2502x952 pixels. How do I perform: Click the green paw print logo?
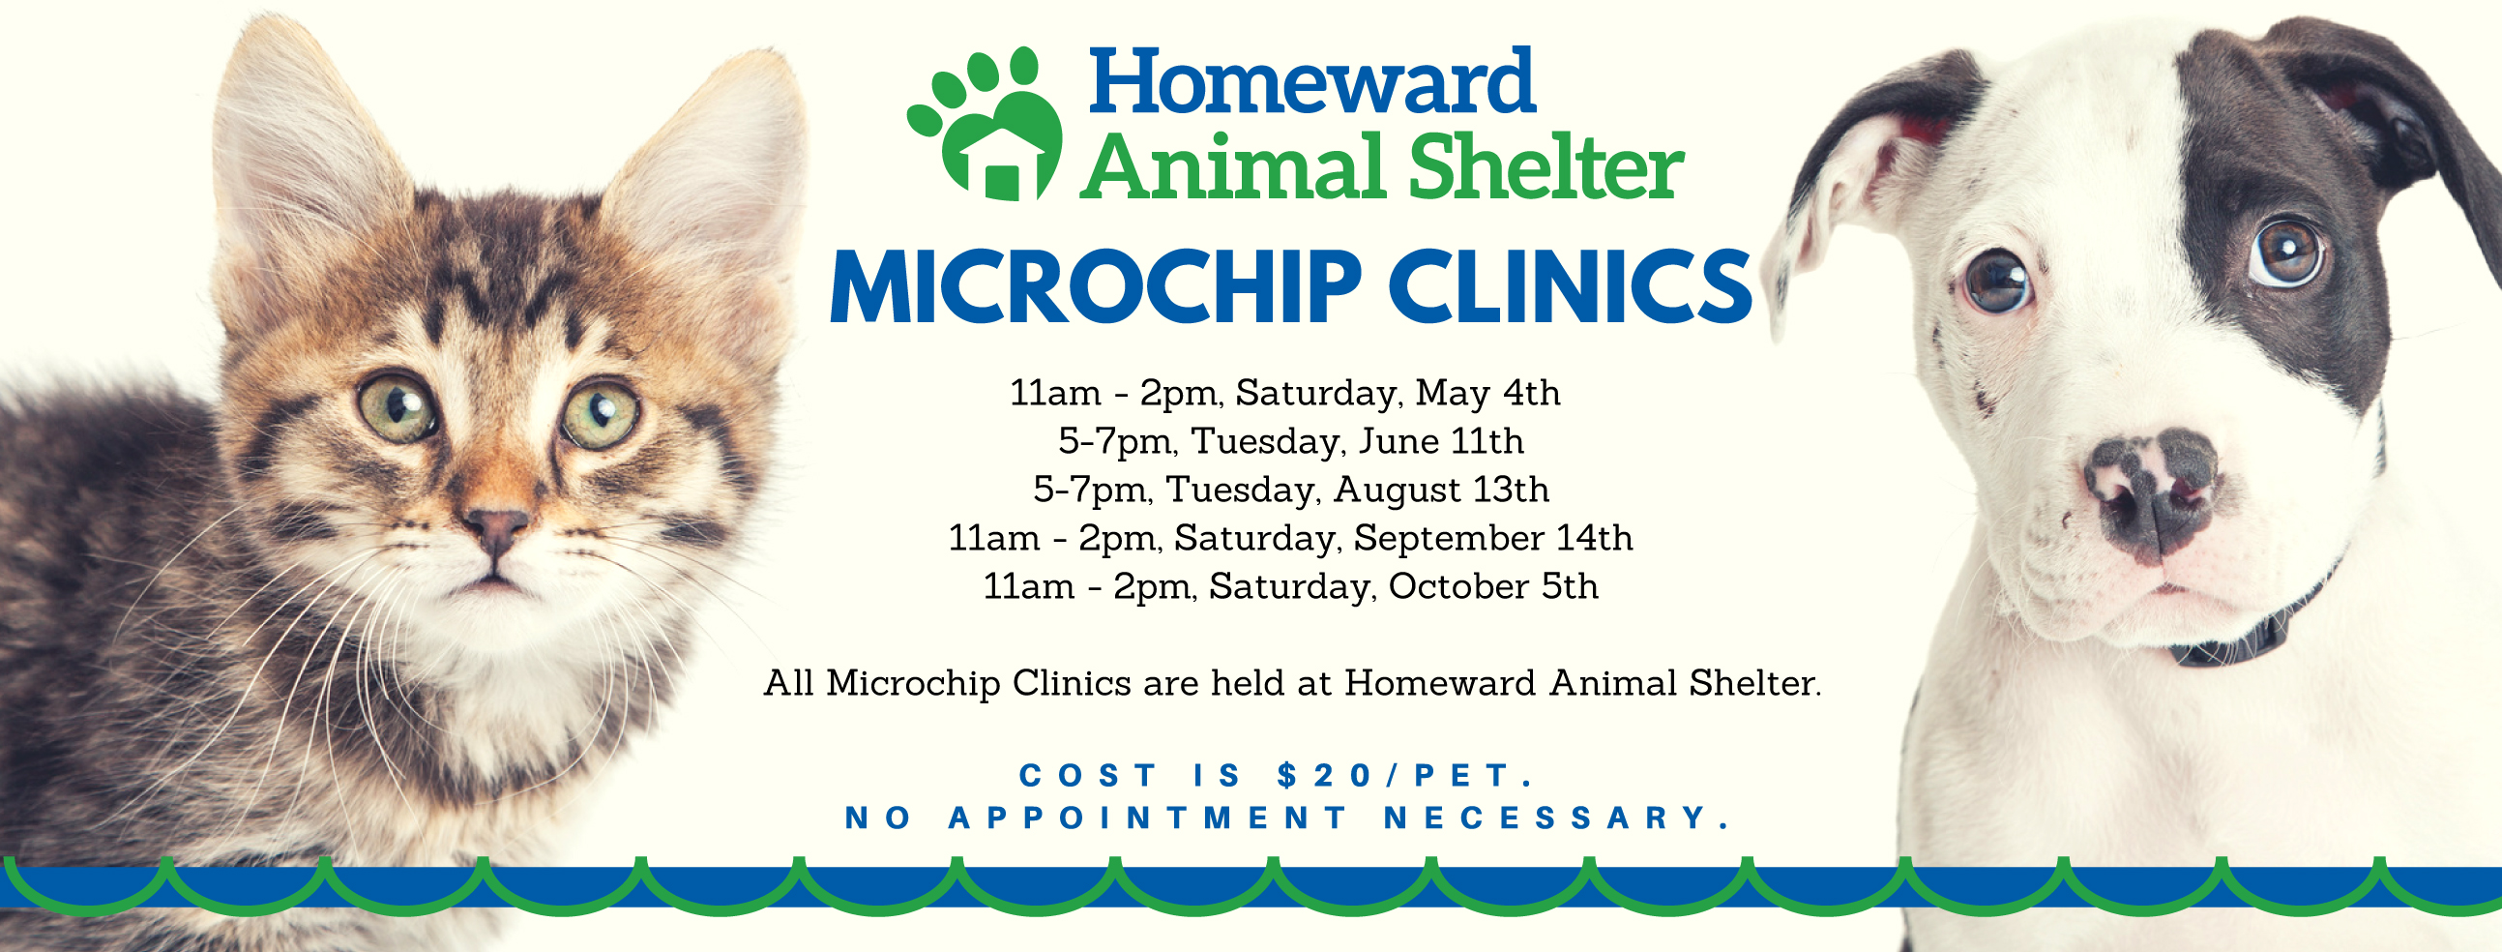(984, 125)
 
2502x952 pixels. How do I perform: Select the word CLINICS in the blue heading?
(1571, 286)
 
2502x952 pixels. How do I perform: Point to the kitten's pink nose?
(496, 527)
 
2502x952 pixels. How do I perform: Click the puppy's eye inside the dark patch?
(2286, 252)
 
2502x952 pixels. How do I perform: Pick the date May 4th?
(1487, 394)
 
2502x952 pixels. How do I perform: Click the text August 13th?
(1440, 491)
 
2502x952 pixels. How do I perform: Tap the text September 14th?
(1493, 538)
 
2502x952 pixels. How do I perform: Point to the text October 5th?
(1493, 586)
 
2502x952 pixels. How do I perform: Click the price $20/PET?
(1405, 775)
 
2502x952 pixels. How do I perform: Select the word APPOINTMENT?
(1146, 818)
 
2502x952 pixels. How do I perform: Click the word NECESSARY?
(1557, 818)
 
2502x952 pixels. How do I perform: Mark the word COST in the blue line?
(1088, 775)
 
